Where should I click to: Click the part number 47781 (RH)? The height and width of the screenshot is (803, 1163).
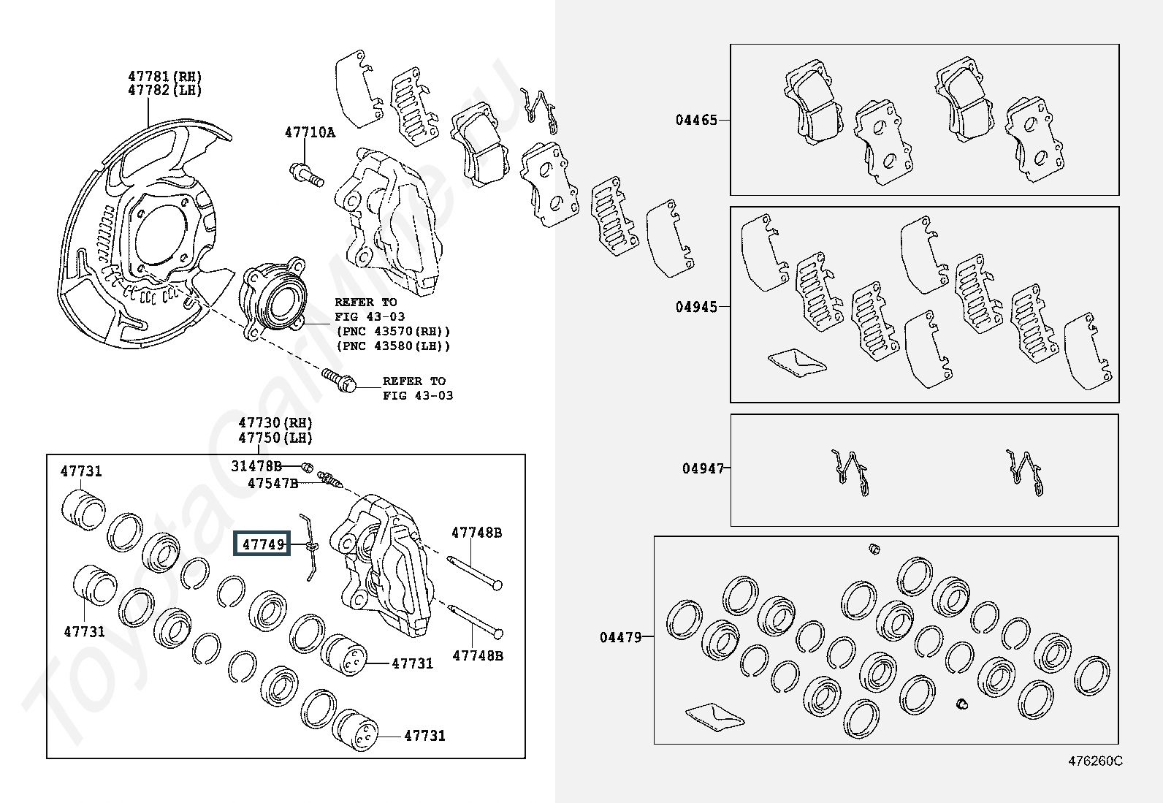pos(164,76)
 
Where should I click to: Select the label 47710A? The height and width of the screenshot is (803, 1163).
pos(310,132)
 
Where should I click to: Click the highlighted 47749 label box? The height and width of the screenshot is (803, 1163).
pos(262,544)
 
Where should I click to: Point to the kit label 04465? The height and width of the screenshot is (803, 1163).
pos(696,120)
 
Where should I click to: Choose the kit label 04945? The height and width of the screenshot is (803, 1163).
pos(696,307)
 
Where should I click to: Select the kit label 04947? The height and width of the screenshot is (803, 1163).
pos(703,468)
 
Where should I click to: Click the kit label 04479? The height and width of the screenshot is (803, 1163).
pos(621,637)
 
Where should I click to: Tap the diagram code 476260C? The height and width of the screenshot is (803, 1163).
pos(1096,761)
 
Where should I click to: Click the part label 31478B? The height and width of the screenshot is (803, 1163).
pos(256,466)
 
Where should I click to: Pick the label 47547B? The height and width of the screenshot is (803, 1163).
pos(273,483)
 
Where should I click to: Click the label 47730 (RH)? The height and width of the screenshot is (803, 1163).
pos(275,423)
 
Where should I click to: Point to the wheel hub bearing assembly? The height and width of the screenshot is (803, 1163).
pos(272,299)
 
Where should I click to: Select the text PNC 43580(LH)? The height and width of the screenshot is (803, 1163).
pos(393,346)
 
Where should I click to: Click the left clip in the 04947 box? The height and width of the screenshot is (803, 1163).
pos(850,473)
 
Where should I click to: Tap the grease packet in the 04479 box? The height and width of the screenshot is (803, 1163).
pos(715,718)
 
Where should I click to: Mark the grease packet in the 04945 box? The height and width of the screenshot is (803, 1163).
pos(797,362)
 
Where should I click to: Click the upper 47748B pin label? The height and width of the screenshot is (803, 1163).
pos(476,533)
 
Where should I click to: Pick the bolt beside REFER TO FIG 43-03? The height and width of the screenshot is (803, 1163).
pos(339,380)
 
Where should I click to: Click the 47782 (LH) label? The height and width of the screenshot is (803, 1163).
pos(164,90)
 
